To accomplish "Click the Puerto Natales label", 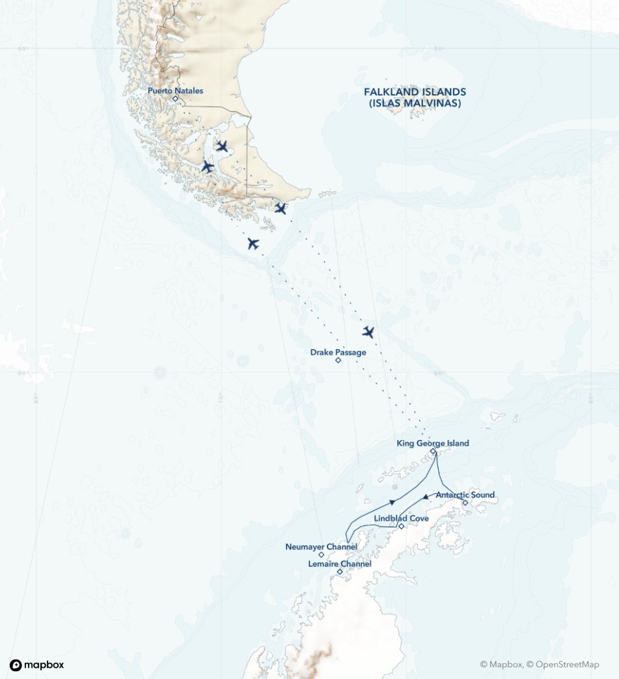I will (175, 90).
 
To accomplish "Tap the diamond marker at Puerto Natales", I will (175, 99).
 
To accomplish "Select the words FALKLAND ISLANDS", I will (415, 92).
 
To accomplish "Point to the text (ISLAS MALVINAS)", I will (415, 103).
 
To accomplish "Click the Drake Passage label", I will (338, 352).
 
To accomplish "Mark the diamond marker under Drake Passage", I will (338, 360).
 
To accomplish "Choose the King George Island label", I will (433, 443).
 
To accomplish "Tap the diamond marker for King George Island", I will (433, 450).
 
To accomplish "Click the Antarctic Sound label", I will (465, 495).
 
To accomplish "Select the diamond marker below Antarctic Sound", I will (465, 503).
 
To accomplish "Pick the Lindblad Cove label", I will (402, 518).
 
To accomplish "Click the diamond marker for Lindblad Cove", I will (402, 526).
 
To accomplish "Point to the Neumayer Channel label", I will (321, 547).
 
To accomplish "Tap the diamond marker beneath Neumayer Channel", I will (321, 555).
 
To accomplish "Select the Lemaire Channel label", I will (340, 564).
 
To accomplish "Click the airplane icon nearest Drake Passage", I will (368, 332).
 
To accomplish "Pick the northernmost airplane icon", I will (222, 146).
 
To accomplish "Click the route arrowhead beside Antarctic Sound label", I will (426, 497).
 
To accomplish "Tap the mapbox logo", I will (37, 665).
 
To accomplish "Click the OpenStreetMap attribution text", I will (563, 665).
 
